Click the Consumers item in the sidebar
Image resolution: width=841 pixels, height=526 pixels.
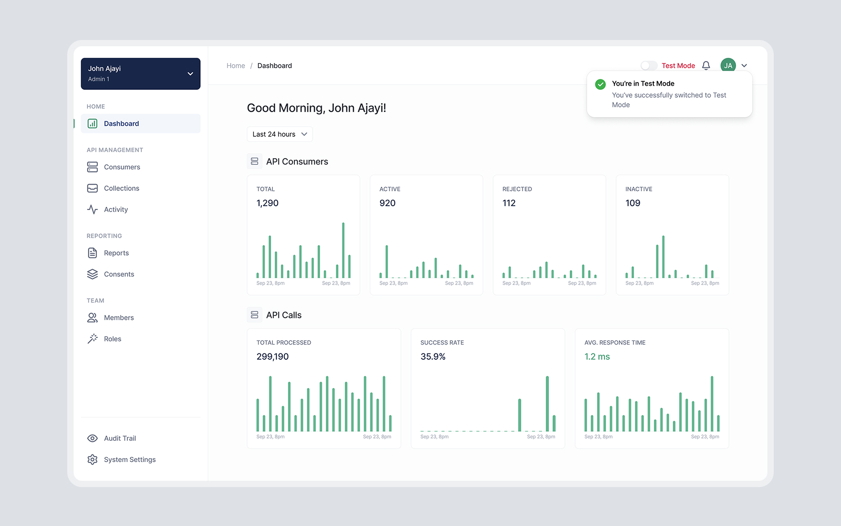[x=121, y=167]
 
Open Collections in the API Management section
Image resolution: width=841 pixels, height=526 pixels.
[x=121, y=188]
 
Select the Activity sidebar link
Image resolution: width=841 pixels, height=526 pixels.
[x=116, y=209]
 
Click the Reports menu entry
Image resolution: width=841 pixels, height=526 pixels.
[x=116, y=253]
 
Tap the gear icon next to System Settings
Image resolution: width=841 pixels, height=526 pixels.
[x=93, y=460]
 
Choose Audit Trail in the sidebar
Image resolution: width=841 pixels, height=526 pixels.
[x=120, y=438]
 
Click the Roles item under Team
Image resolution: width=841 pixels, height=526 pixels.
[x=112, y=339]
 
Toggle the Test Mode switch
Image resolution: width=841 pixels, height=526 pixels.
[x=649, y=66]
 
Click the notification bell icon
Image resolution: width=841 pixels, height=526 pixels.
[x=706, y=66]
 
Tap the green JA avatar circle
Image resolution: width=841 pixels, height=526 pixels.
[x=728, y=66]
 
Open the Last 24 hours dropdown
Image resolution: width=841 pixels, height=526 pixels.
[x=280, y=134]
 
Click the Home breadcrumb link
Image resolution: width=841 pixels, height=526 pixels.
[x=235, y=66]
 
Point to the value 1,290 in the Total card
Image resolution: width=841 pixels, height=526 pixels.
[x=268, y=203]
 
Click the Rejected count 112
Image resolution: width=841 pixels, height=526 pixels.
[x=509, y=203]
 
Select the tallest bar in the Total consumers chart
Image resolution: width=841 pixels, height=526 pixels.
[x=343, y=250]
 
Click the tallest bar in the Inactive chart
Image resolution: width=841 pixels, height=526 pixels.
[x=663, y=257]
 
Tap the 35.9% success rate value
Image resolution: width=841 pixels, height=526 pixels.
[x=433, y=357]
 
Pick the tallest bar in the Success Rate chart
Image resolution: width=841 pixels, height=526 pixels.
[x=547, y=404]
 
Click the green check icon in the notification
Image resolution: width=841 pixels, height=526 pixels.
[x=600, y=84]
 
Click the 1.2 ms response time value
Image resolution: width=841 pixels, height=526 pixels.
[x=597, y=357]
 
